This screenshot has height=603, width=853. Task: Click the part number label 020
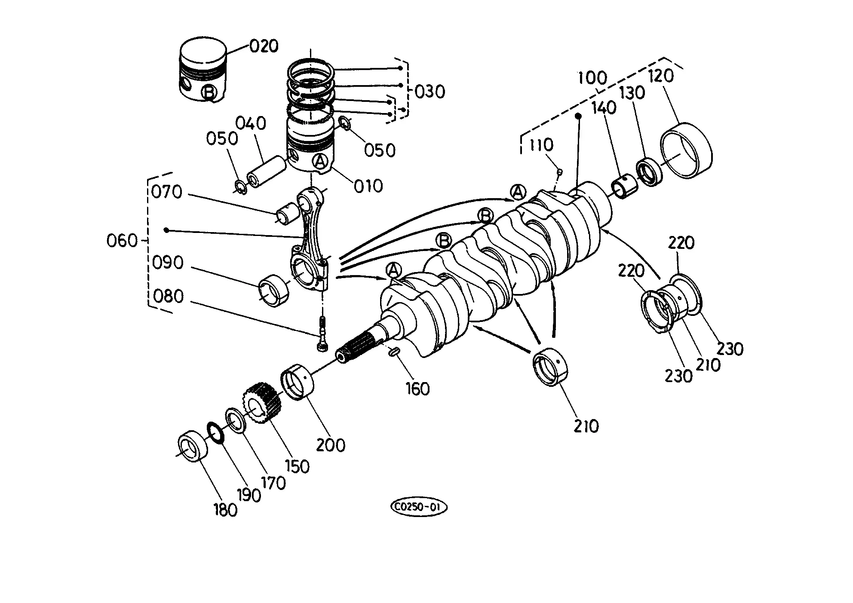pos(264,46)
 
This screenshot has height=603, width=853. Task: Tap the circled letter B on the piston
pos(209,92)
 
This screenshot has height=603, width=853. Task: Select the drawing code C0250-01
pos(419,508)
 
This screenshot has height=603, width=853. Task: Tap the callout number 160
pos(418,389)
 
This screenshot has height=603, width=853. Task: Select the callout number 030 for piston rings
pos(430,92)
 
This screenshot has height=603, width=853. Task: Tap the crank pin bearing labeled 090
pos(273,290)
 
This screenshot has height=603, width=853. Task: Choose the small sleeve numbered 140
pos(622,186)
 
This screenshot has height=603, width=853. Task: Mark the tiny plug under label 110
pos(560,172)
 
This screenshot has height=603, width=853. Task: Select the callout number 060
pos(122,241)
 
